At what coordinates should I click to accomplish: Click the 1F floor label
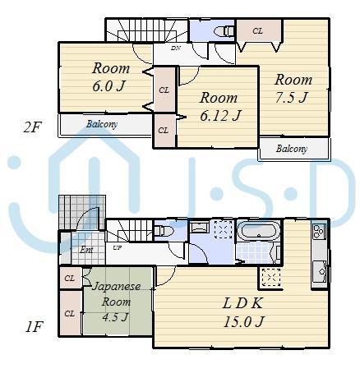32,327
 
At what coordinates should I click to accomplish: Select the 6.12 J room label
219,106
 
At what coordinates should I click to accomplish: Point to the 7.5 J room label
293,89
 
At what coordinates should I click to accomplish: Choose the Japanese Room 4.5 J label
116,302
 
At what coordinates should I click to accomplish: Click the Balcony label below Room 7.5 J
292,149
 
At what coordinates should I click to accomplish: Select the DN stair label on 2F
176,48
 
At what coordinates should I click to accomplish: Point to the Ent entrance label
86,249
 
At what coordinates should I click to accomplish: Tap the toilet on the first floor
162,230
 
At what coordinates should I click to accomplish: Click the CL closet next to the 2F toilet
257,31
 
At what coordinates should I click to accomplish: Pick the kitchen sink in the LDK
319,268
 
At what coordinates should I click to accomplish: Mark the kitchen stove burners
318,233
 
